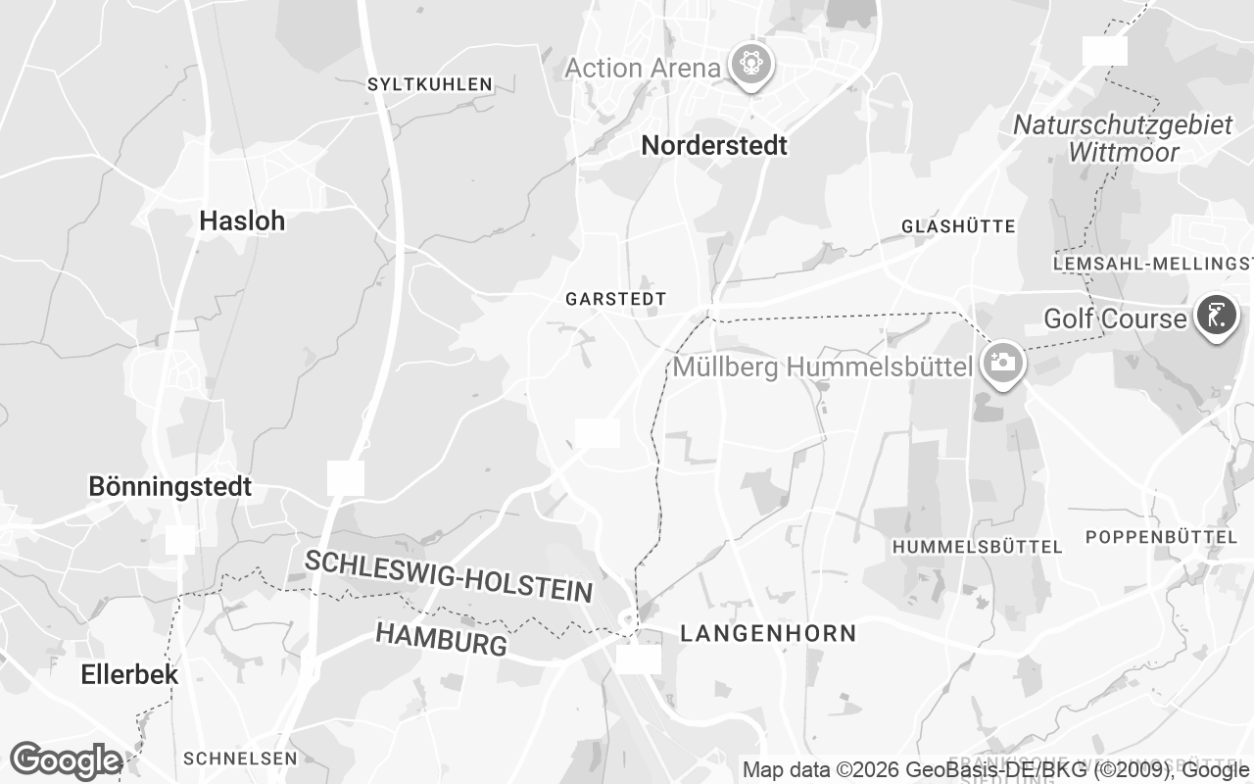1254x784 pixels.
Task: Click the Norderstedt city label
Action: [x=714, y=146]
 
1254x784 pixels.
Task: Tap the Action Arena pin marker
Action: [x=751, y=66]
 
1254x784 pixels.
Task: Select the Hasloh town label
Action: [x=242, y=221]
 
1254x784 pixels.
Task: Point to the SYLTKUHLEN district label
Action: [x=429, y=85]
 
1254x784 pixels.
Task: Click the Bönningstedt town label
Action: [x=170, y=486]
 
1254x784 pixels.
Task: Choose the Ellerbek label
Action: [x=129, y=674]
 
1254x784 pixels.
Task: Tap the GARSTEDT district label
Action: [x=615, y=299]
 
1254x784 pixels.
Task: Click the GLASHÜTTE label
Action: [x=958, y=226]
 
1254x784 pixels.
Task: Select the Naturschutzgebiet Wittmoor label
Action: [x=1123, y=138]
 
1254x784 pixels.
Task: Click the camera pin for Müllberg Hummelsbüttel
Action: [x=1001, y=363]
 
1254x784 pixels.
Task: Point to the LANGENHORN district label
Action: [x=768, y=634]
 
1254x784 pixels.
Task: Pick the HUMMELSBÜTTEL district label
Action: [x=977, y=547]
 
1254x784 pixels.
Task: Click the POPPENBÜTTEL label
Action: [x=1162, y=537]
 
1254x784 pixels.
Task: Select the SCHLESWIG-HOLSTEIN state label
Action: [x=449, y=575]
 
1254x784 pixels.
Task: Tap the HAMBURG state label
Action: [x=442, y=638]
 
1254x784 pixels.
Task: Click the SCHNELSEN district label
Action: [x=240, y=759]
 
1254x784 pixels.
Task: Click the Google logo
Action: [x=65, y=760]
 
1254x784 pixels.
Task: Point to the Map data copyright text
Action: [x=994, y=770]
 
